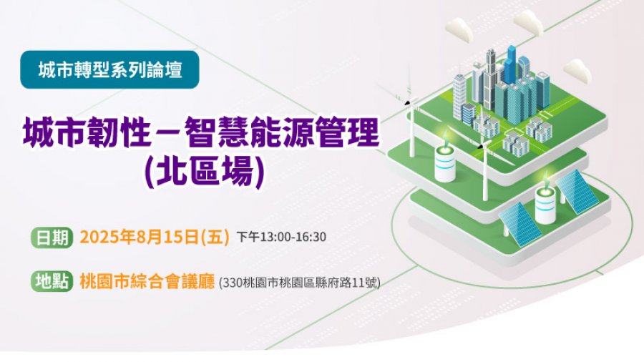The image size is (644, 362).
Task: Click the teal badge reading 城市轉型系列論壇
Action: [109, 70]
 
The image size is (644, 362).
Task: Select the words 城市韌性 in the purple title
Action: [87, 132]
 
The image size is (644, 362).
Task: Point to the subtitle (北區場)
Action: [204, 172]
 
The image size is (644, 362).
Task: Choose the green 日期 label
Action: [52, 238]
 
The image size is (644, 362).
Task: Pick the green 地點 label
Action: [52, 281]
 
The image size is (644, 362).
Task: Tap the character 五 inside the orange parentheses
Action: [215, 238]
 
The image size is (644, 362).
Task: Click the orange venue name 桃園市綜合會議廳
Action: [147, 282]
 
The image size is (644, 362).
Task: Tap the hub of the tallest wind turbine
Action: [409, 102]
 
